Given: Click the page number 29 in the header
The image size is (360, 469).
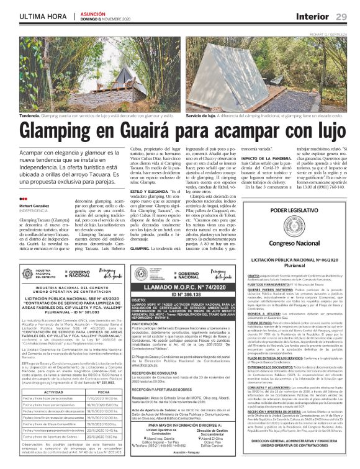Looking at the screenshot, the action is pyautogui.click(x=341, y=15).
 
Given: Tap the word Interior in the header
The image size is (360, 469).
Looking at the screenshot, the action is pyautogui.click(x=312, y=15).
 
